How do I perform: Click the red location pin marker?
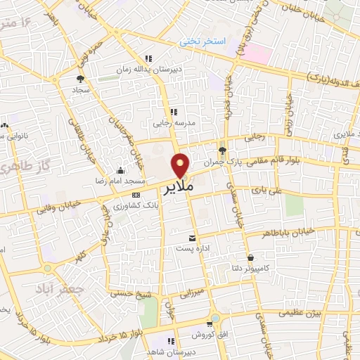(x=181, y=165)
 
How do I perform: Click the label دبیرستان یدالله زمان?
(x=148, y=70)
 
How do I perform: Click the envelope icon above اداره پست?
(x=192, y=238)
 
